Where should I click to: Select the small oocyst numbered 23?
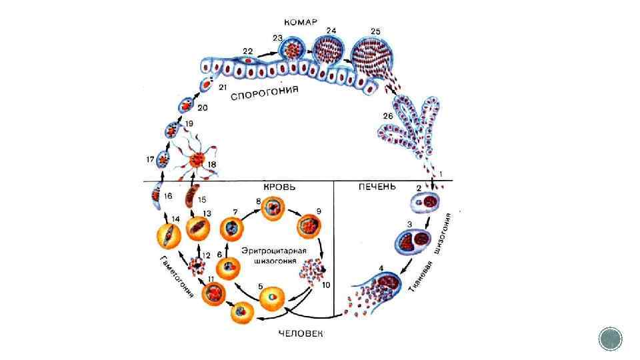click(x=291, y=51)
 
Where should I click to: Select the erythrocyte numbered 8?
click(x=274, y=209)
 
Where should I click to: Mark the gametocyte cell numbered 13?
click(x=199, y=228)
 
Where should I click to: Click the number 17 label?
click(x=149, y=159)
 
